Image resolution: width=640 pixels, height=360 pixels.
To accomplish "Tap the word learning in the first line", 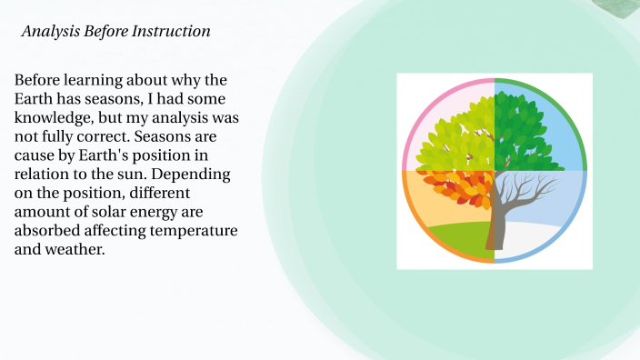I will coord(92,79).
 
